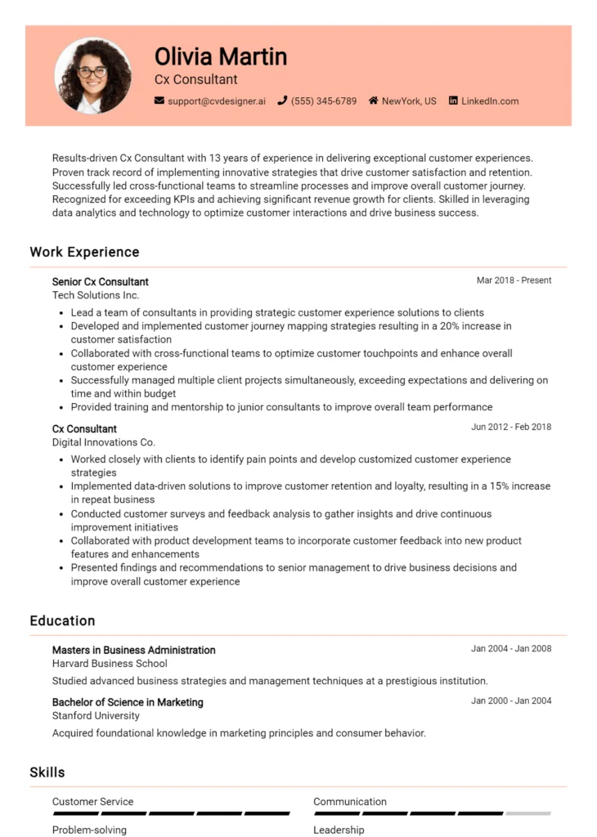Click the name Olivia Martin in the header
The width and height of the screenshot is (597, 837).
pyautogui.click(x=221, y=56)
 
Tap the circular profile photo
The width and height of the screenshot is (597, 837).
pyautogui.click(x=92, y=75)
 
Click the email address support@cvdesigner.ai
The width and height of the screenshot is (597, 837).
pyautogui.click(x=217, y=101)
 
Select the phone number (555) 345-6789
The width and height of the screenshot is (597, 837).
pyautogui.click(x=324, y=101)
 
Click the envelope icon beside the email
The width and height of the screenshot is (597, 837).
pyautogui.click(x=159, y=101)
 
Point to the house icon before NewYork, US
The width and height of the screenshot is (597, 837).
pyautogui.click(x=373, y=101)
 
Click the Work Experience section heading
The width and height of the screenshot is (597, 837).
pyautogui.click(x=84, y=252)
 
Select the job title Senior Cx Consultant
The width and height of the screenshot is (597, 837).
pyautogui.click(x=101, y=282)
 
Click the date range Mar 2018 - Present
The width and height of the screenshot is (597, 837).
pyautogui.click(x=514, y=280)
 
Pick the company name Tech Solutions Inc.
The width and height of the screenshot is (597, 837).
pyautogui.click(x=96, y=295)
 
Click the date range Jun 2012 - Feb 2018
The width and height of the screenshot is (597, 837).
pyautogui.click(x=511, y=427)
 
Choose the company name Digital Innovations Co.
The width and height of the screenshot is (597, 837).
pyautogui.click(x=103, y=442)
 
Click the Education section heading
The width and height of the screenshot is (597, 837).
pyautogui.click(x=62, y=620)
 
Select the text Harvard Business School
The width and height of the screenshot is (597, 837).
pyautogui.click(x=110, y=664)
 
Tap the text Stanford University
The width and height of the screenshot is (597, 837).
pyautogui.click(x=96, y=715)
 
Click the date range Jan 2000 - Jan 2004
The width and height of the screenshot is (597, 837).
pyautogui.click(x=511, y=700)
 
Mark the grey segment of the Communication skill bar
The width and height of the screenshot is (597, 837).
pyautogui.click(x=527, y=813)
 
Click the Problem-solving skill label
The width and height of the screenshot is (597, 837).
pyautogui.click(x=89, y=830)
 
